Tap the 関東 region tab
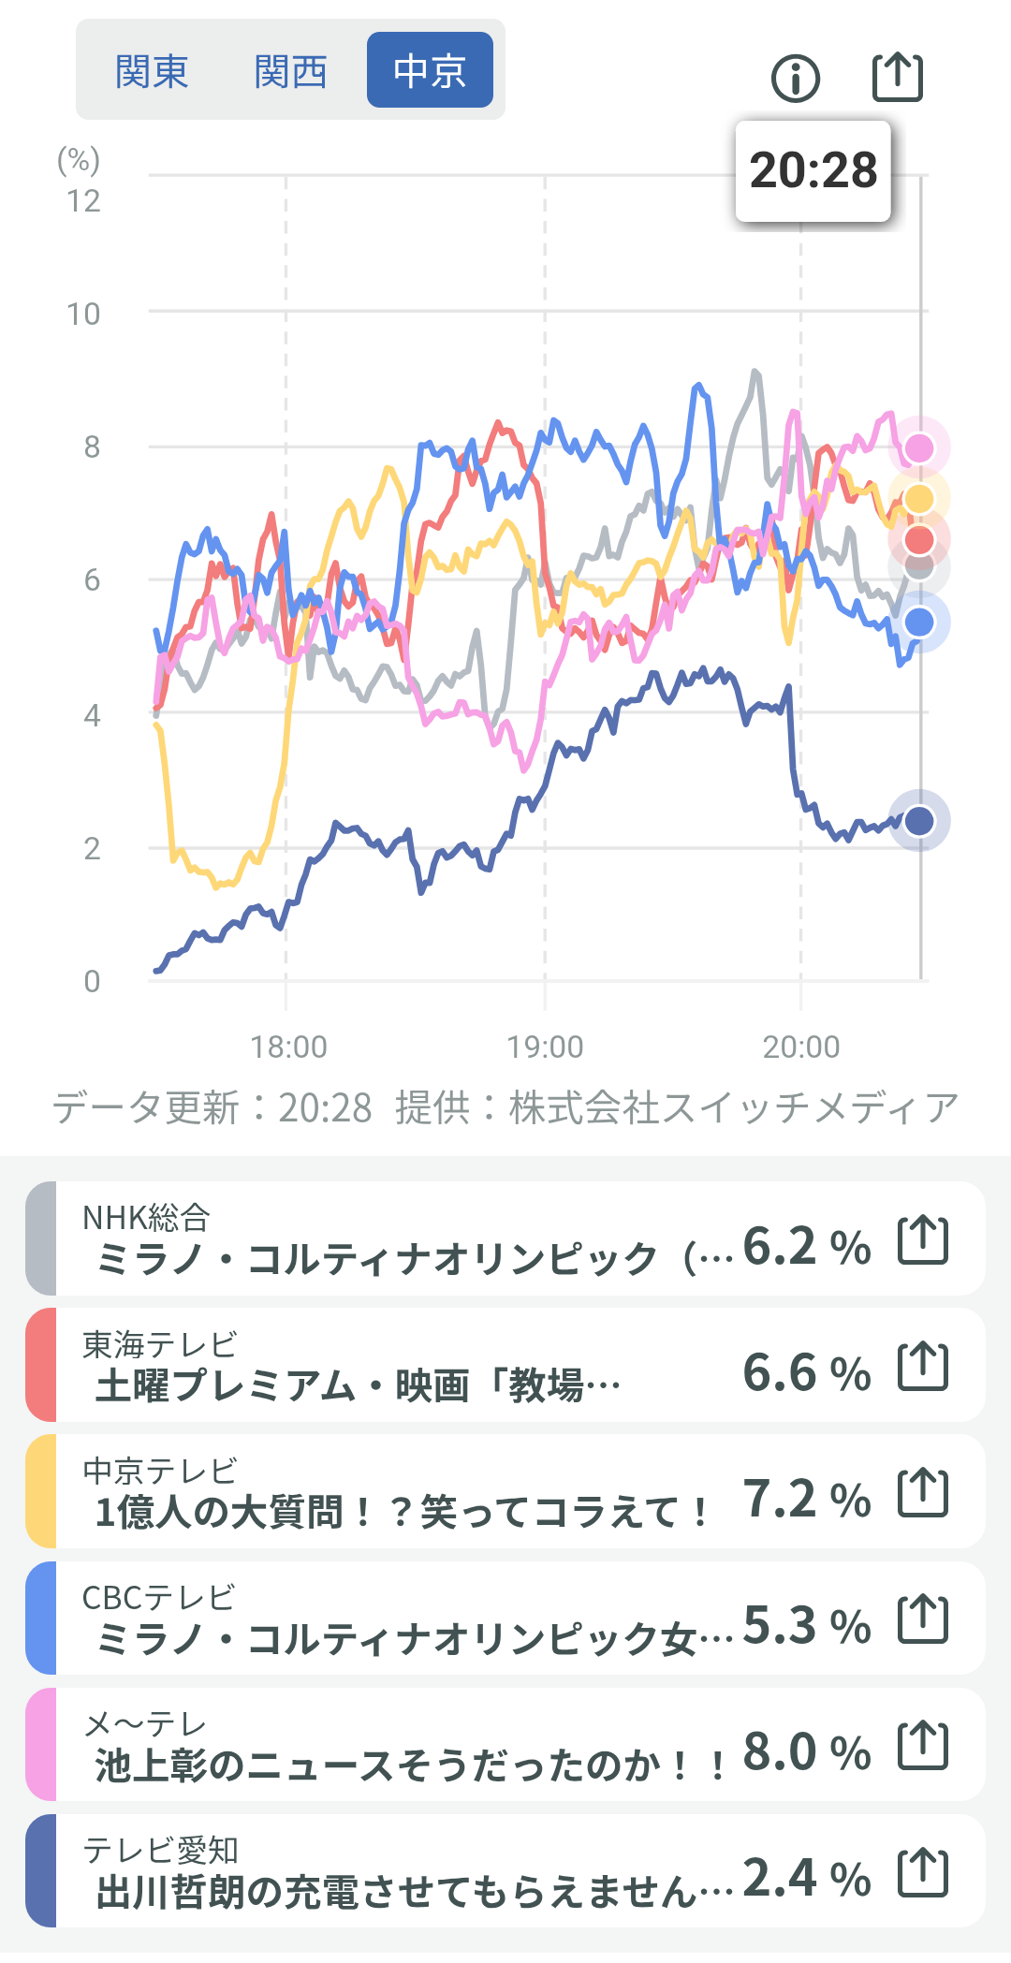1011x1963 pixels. [152, 71]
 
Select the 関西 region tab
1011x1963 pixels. [290, 71]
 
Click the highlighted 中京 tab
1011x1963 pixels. [430, 70]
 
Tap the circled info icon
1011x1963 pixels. [796, 78]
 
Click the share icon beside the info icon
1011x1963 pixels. [897, 77]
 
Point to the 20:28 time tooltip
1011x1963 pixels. [813, 171]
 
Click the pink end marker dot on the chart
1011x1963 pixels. [919, 447]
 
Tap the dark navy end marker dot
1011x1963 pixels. [919, 821]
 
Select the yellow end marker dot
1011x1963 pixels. [919, 499]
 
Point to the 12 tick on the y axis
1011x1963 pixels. [83, 201]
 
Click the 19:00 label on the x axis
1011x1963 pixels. [545, 1047]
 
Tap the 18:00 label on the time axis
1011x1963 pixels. [288, 1047]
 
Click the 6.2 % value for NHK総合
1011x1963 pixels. [806, 1247]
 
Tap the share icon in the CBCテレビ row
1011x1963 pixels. [923, 1619]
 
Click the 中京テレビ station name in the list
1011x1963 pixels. [160, 1471]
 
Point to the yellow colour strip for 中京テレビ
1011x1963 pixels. [41, 1491]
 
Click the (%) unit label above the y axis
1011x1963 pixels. [79, 161]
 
